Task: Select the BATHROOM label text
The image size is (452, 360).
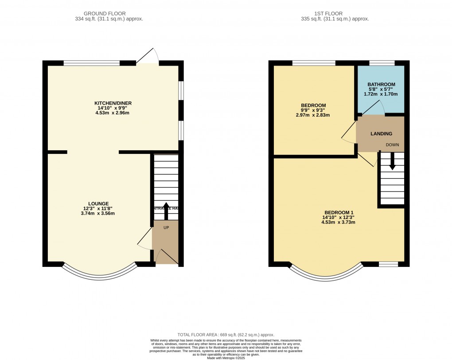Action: (381, 84)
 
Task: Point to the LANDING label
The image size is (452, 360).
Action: (381, 133)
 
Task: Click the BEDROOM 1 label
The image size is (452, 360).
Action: (339, 212)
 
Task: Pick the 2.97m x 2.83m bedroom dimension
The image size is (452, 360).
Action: (313, 115)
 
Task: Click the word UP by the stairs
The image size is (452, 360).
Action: (166, 228)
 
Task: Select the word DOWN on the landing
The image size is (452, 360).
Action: (392, 145)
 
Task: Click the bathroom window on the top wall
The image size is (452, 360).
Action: (382, 63)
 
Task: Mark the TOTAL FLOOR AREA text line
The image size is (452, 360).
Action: (226, 335)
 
